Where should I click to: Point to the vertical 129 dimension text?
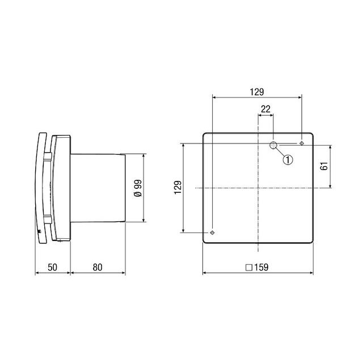coord(177,187)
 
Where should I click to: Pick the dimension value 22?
coord(266,109)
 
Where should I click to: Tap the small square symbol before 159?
coord(248,267)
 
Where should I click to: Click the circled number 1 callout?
coord(288,160)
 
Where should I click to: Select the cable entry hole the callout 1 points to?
coord(273,146)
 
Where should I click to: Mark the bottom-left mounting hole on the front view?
coord(212,233)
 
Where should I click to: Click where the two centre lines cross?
coord(258,188)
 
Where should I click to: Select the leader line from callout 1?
coord(280,153)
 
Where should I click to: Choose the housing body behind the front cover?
coord(61,187)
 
